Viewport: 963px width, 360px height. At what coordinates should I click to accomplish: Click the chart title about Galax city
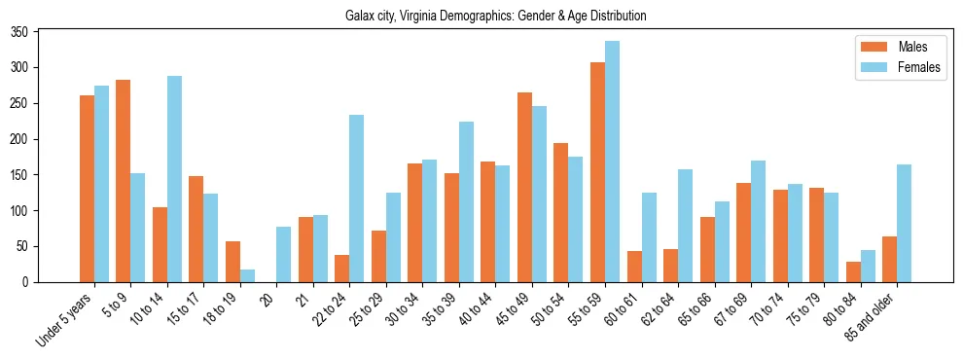[x=495, y=16]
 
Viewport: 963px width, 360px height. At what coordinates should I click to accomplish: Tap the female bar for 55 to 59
[x=612, y=162]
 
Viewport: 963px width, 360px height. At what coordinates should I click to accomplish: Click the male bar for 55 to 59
[x=597, y=172]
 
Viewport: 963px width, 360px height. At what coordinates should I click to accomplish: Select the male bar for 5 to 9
[x=124, y=181]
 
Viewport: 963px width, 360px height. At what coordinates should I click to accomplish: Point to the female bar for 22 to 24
[x=357, y=198]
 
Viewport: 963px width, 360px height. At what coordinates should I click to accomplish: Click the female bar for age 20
[x=284, y=254]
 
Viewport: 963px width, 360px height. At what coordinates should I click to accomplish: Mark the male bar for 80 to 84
[x=853, y=271]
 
